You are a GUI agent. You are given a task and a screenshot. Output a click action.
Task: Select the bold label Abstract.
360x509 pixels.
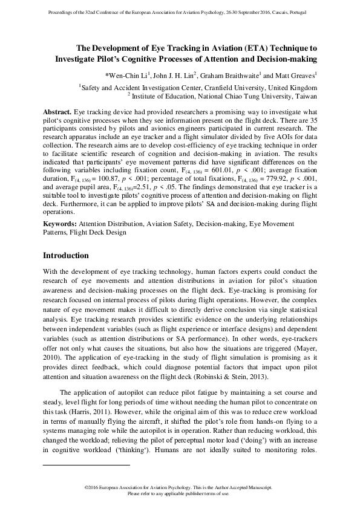click(x=57, y=112)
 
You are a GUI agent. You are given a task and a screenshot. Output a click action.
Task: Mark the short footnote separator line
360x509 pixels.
click(x=87, y=465)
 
